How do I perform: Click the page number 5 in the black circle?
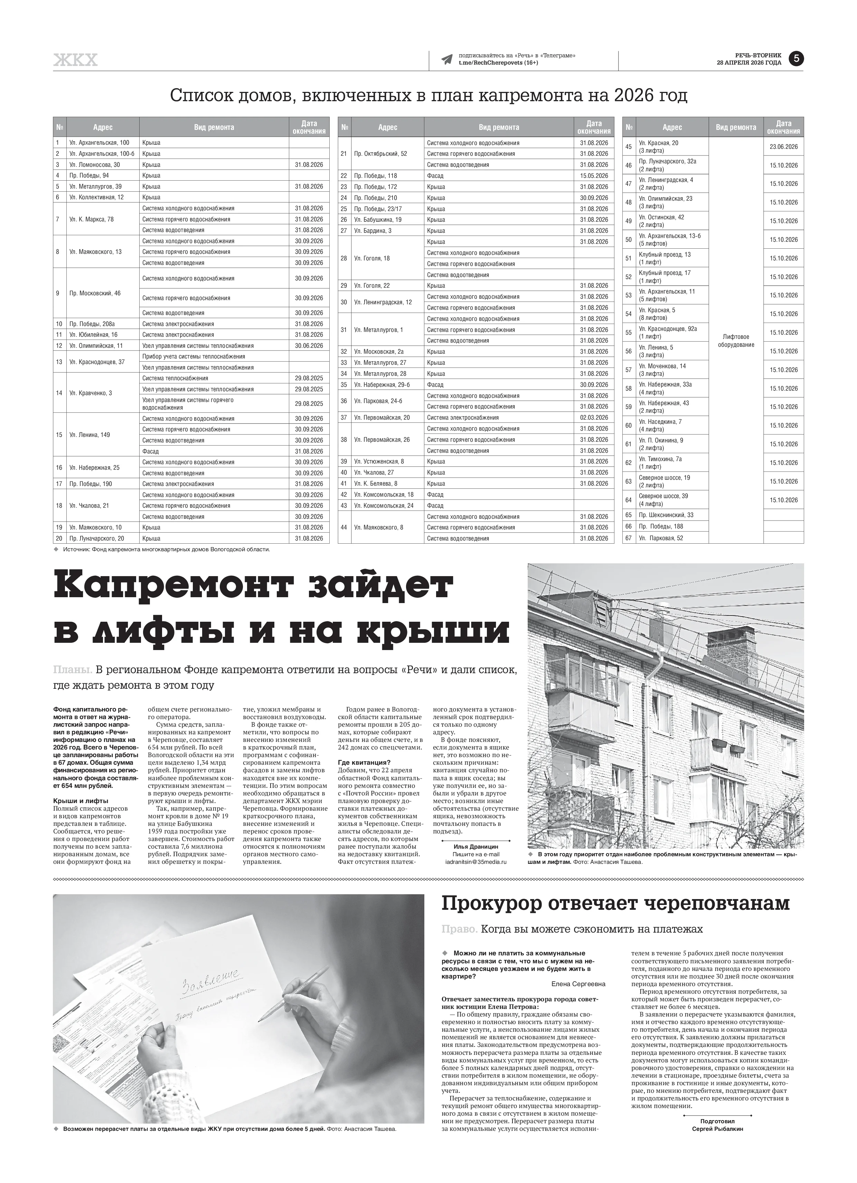point(796,59)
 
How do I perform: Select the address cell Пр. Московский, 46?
point(95,293)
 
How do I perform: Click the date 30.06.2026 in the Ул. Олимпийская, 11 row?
point(309,346)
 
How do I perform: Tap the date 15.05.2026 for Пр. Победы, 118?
point(594,176)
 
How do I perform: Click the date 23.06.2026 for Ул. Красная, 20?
point(783,146)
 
